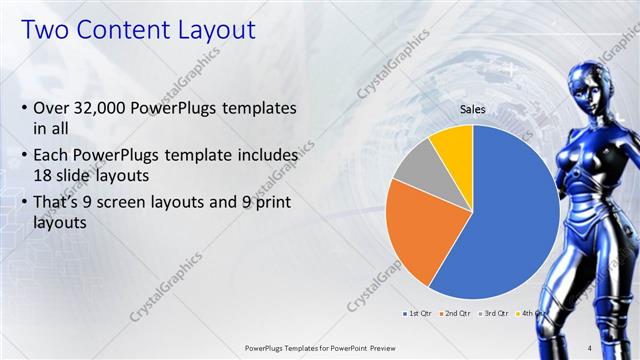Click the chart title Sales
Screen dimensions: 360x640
click(x=473, y=109)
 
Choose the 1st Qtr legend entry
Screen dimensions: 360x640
click(x=416, y=313)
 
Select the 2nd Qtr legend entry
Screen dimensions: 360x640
click(x=454, y=313)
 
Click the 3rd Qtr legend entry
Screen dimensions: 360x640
click(x=493, y=313)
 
